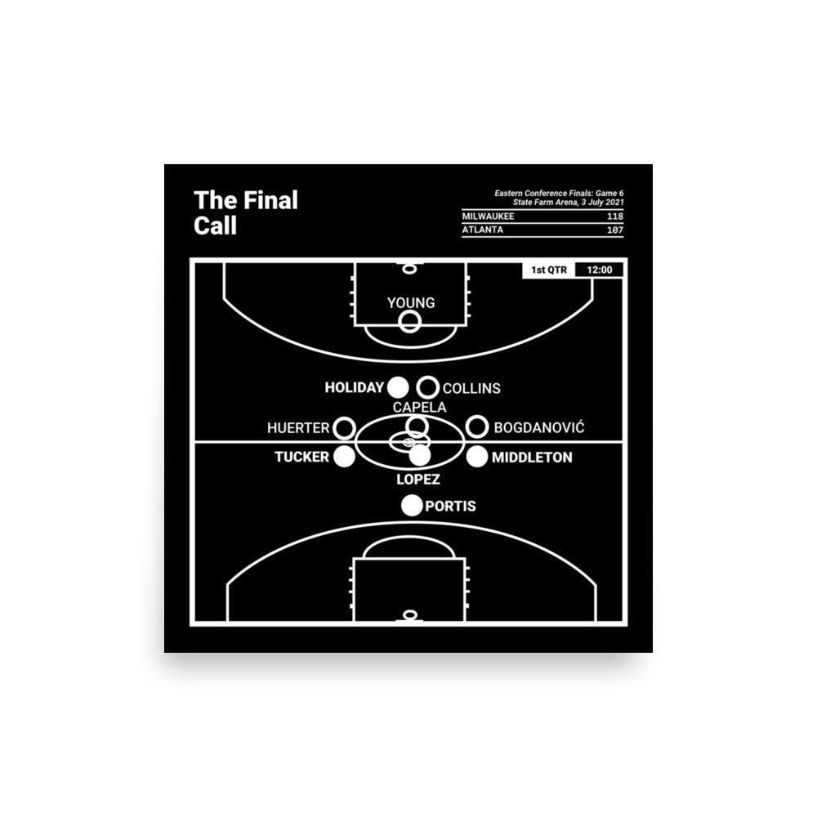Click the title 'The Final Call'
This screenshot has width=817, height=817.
(x=246, y=212)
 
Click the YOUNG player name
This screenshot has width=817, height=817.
(x=411, y=303)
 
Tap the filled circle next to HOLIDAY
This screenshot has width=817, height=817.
(x=398, y=387)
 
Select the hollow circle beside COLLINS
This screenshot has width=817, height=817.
(x=427, y=387)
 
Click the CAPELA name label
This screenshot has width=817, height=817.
(x=418, y=407)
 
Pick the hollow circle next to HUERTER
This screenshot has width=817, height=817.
(x=345, y=427)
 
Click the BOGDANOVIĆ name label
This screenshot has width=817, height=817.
(x=539, y=427)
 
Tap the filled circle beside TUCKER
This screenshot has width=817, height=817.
(x=345, y=457)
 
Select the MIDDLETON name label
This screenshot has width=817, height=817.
(x=532, y=458)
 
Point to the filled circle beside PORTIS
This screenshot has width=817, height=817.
(x=412, y=507)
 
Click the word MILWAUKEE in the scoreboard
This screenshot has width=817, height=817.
(x=489, y=217)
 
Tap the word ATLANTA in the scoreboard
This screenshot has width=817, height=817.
(x=483, y=230)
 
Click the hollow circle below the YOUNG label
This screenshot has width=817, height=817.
(x=409, y=322)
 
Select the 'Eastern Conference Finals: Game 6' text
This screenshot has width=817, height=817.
(x=559, y=193)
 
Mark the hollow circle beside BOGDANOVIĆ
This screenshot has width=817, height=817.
(x=477, y=426)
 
